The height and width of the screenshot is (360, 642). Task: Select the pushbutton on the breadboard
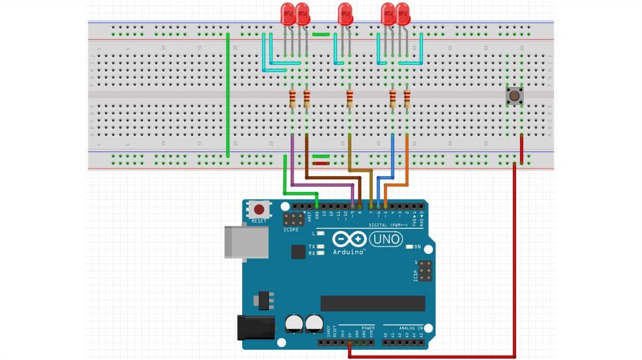click(515, 96)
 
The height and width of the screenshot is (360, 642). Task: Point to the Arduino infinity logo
click(347, 240)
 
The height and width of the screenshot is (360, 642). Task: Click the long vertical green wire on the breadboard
click(227, 94)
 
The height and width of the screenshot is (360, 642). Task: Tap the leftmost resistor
click(293, 98)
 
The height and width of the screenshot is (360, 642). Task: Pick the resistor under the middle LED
click(350, 98)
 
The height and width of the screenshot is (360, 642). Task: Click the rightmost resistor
click(407, 98)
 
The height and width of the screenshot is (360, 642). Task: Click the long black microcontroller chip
click(372, 304)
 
